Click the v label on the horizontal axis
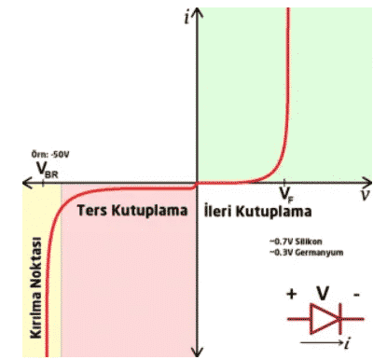(x=362, y=196)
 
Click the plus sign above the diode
(x=292, y=294)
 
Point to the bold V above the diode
(x=323, y=294)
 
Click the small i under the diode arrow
(x=346, y=343)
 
